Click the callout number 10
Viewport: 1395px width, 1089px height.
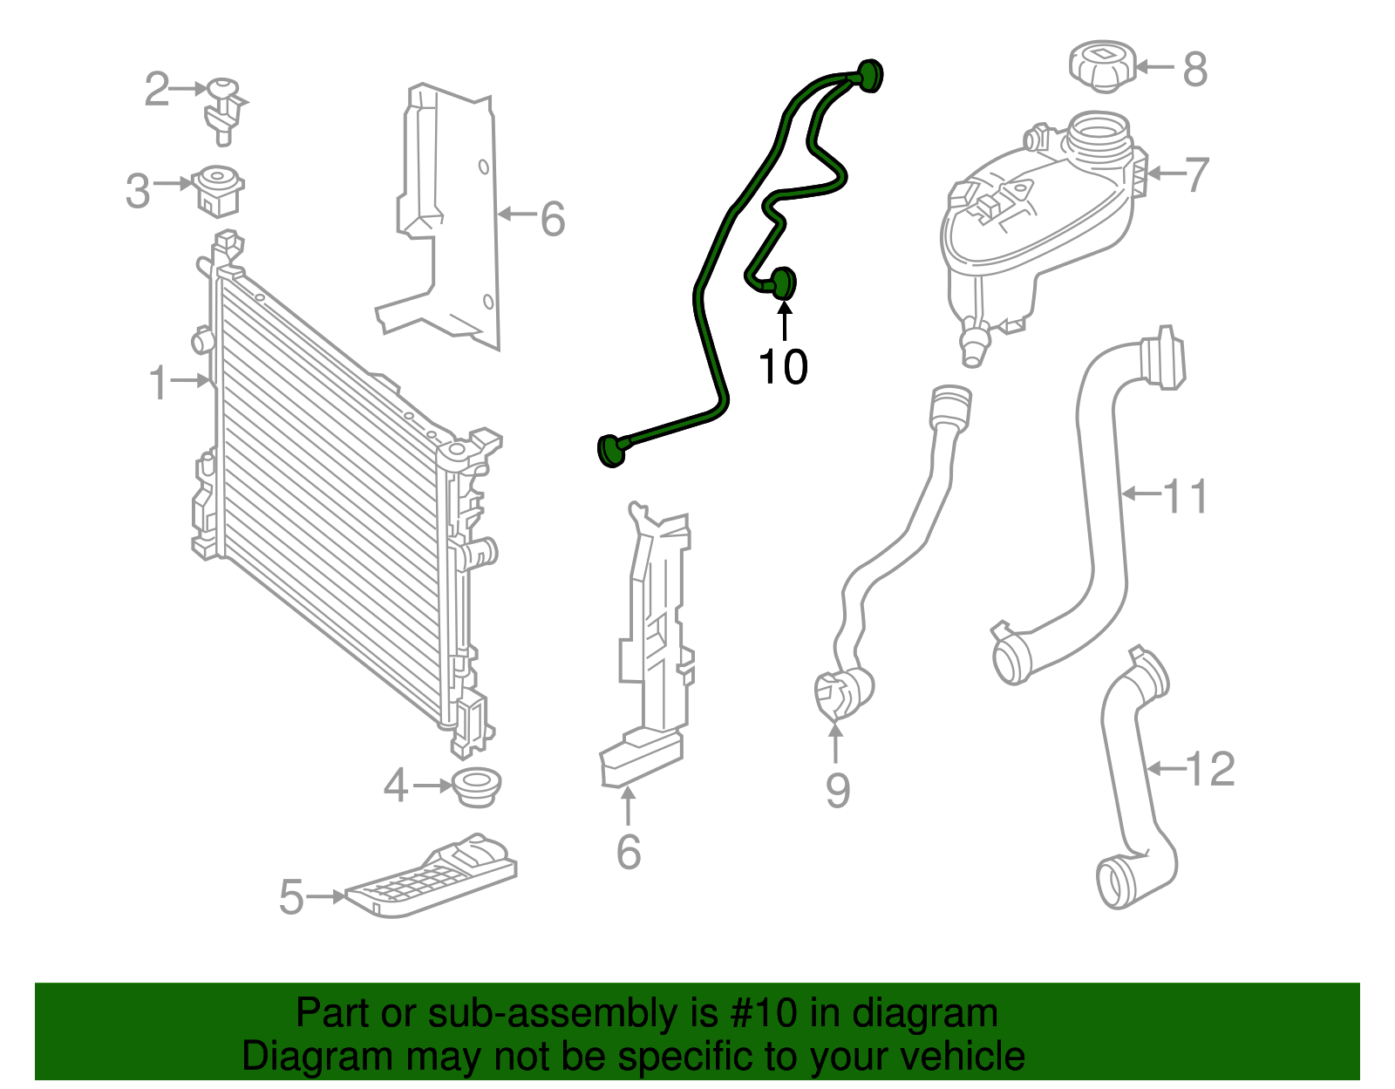point(783,367)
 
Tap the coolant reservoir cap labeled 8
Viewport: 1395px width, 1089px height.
point(1102,65)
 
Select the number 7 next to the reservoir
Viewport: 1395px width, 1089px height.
point(1197,174)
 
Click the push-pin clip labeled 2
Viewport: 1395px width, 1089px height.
point(224,109)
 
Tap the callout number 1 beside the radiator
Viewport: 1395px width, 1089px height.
point(158,383)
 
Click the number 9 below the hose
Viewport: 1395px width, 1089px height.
point(837,791)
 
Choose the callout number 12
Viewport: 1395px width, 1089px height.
point(1210,769)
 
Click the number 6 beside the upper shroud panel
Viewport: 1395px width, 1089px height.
point(552,218)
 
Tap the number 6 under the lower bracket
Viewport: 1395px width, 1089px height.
point(628,852)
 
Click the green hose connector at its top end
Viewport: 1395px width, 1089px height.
point(869,75)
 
